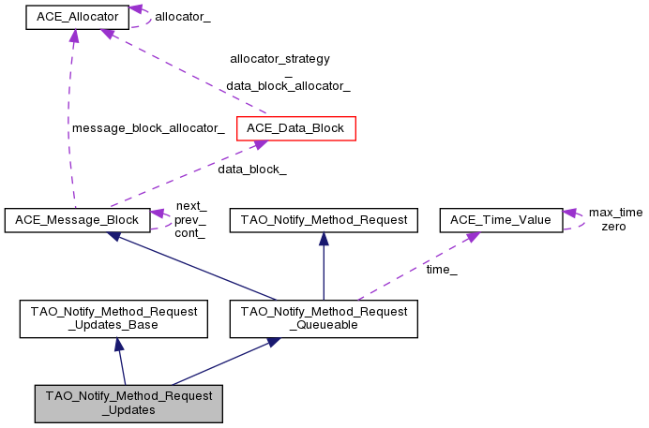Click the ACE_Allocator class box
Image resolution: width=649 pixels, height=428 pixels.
click(x=76, y=17)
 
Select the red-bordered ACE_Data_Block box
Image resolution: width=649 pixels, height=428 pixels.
click(x=296, y=127)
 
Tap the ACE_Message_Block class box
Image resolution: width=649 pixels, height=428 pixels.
click(x=76, y=220)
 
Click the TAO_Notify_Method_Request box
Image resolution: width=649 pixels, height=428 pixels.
click(x=323, y=220)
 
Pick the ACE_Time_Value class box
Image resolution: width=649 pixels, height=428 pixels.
click(x=501, y=220)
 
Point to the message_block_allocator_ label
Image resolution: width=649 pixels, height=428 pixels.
click(x=147, y=128)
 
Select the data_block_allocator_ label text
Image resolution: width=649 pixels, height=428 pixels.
click(x=288, y=85)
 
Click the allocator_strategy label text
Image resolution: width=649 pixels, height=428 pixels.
click(x=279, y=58)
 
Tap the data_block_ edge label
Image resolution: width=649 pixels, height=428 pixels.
click(x=251, y=170)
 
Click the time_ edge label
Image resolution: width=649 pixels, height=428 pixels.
click(x=441, y=269)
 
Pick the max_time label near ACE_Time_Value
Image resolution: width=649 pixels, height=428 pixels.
click(x=615, y=213)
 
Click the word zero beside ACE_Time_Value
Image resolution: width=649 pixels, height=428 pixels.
click(x=613, y=226)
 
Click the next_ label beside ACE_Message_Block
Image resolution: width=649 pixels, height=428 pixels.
click(x=190, y=206)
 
